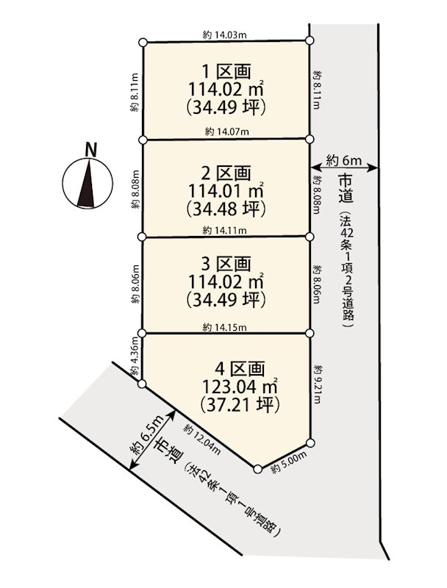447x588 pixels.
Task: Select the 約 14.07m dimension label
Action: click(x=226, y=132)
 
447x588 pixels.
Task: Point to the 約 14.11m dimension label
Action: click(x=226, y=229)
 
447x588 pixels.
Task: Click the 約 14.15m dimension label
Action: click(x=226, y=327)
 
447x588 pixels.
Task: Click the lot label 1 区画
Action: click(x=226, y=71)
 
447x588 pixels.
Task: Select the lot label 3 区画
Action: click(x=226, y=263)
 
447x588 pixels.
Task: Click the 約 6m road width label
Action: click(x=344, y=159)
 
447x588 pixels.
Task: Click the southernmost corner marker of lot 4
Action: click(x=257, y=468)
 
